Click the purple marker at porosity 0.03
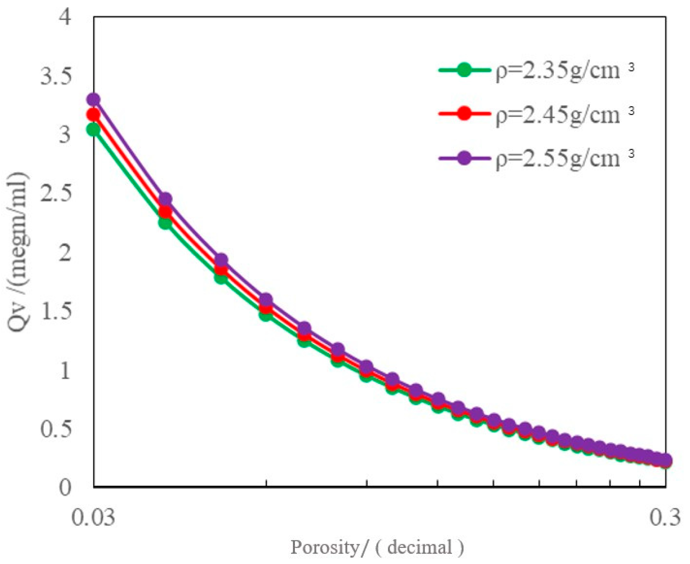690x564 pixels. tap(93, 100)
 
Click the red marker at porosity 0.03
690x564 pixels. tap(93, 114)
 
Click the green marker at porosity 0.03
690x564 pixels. tap(93, 130)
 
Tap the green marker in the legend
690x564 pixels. tap(464, 70)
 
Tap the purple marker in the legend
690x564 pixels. tap(464, 158)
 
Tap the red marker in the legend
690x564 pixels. tap(464, 113)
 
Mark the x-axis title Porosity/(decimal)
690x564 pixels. tap(377, 548)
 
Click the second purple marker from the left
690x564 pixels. tap(165, 199)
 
